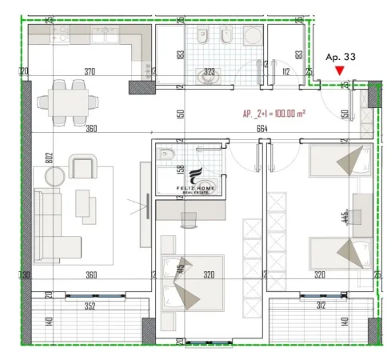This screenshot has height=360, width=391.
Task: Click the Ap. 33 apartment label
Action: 341,57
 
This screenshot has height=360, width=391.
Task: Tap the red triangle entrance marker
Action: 341,70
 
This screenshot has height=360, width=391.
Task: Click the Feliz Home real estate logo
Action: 192,181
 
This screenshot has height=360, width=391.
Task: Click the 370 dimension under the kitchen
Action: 90,71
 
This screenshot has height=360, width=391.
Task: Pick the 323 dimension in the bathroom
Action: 209,71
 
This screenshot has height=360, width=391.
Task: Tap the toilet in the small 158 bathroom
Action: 166,154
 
